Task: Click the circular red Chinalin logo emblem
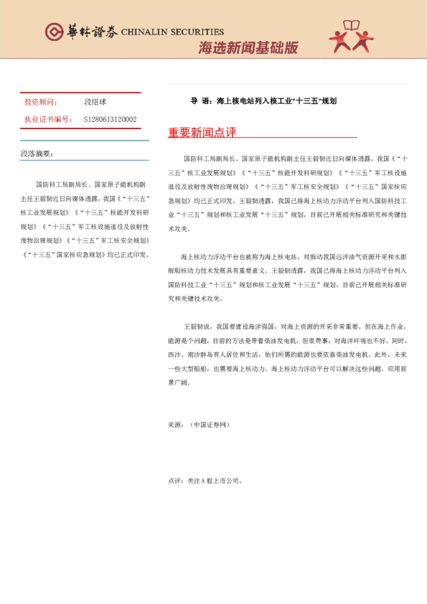53,32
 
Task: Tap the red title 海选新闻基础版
248,47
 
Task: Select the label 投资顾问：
41,103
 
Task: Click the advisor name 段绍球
95,103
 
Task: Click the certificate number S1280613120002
110,119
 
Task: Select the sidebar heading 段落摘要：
37,154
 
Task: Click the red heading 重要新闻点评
202,133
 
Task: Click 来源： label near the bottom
175,425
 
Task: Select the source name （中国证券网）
210,425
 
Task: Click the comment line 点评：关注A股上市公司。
205,481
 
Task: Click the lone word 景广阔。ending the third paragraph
179,382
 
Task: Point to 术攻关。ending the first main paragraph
179,228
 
